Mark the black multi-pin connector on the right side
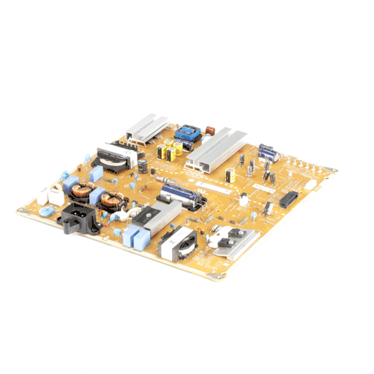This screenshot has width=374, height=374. click(289, 197)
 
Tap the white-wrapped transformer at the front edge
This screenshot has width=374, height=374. click(177, 243)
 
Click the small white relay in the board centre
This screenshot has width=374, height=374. click(243, 200)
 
